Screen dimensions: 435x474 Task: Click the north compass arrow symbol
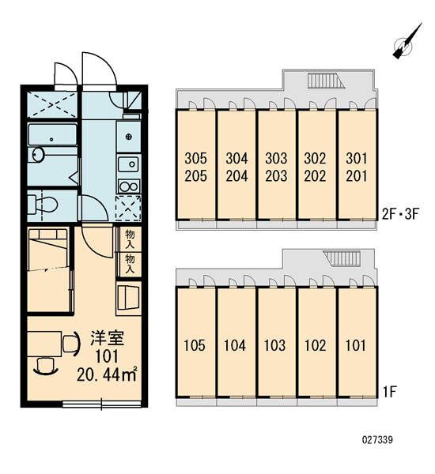(407, 42)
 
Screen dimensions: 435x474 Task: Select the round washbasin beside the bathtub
(38, 155)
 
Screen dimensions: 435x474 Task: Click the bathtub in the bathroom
(52, 135)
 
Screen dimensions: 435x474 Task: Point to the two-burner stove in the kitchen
(129, 186)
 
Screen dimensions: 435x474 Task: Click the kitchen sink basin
(129, 165)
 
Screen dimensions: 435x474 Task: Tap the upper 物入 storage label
(130, 239)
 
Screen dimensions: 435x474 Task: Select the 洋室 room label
(108, 338)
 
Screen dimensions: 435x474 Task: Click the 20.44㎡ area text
(107, 374)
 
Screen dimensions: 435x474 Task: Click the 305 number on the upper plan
(196, 158)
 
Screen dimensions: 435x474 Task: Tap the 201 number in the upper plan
(356, 175)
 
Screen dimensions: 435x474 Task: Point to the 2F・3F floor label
(400, 214)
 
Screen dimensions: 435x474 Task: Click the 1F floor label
(390, 392)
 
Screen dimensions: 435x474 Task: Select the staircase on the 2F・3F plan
(326, 81)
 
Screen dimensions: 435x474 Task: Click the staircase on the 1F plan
(342, 258)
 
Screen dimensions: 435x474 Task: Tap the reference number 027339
(377, 439)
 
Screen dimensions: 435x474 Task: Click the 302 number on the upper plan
(315, 158)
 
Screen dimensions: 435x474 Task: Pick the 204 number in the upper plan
(236, 175)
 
